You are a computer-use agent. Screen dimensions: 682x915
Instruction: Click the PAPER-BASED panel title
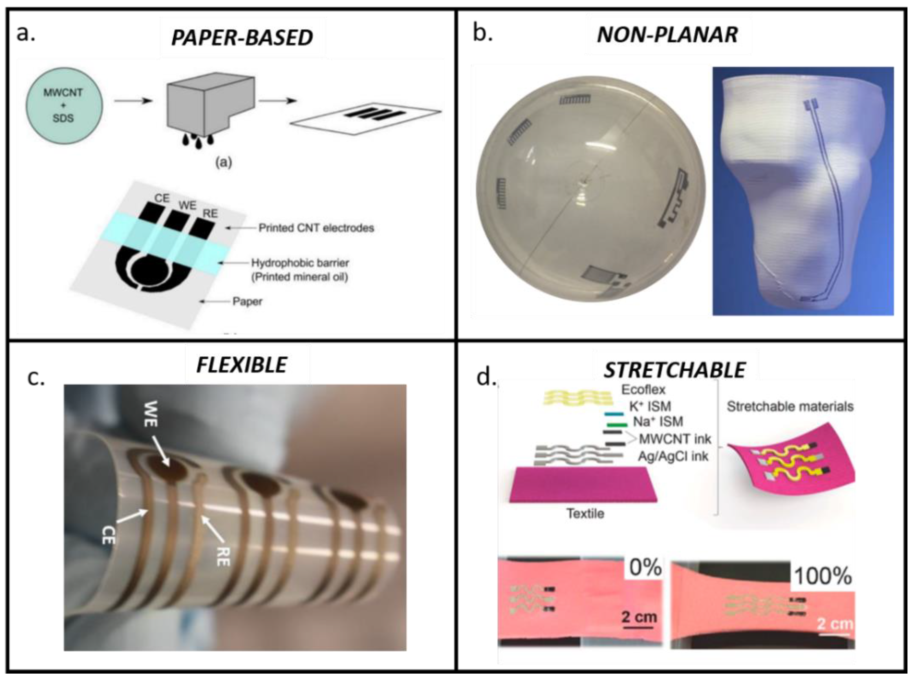[242, 38]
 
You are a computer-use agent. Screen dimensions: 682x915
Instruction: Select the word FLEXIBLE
[242, 365]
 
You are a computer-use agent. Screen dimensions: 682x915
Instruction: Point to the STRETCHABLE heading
[675, 370]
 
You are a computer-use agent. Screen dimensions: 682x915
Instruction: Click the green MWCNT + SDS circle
[63, 106]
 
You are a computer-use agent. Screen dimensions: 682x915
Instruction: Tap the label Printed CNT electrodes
[316, 228]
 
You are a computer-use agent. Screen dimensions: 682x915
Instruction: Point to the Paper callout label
[247, 301]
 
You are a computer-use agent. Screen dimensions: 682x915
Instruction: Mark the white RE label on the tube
[223, 554]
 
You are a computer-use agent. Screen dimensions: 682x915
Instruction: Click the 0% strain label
[645, 568]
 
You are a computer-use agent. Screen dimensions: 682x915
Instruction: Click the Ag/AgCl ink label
[673, 456]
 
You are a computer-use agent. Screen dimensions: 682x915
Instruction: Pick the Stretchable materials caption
[790, 407]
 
